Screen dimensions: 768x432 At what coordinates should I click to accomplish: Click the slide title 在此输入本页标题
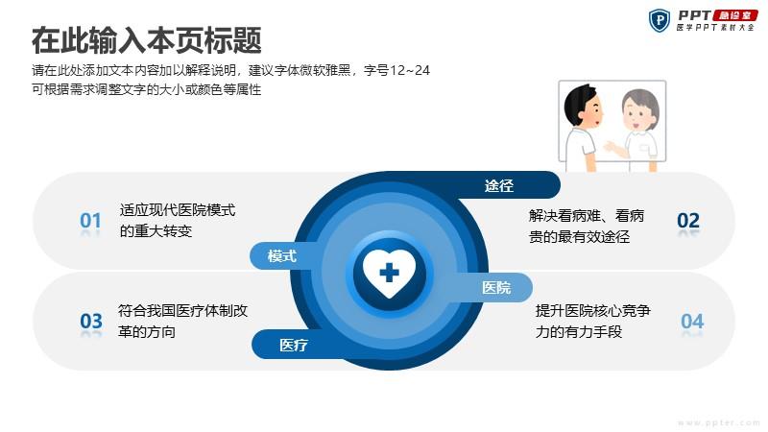pos(147,40)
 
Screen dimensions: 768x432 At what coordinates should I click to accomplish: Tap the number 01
pos(90,221)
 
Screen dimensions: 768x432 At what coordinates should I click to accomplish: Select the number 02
pos(688,221)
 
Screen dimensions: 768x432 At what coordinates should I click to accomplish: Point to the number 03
pos(91,322)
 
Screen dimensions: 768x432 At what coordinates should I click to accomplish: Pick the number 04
pos(692,322)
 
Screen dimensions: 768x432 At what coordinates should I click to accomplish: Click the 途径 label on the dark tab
pos(499,185)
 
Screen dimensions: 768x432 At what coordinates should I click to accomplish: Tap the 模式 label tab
pos(282,255)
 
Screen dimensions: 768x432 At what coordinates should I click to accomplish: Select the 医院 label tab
pos(496,287)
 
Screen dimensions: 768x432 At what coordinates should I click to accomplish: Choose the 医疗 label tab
pos(294,345)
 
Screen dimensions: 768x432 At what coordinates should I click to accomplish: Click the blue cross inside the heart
pos(390,273)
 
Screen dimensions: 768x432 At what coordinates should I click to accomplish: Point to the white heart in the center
pos(390,274)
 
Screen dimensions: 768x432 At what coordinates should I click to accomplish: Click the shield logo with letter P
pos(660,20)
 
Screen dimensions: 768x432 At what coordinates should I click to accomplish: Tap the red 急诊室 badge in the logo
pos(735,15)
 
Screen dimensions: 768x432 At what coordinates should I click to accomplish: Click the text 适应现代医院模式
pos(178,210)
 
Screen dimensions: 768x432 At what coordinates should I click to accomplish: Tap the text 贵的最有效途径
pos(580,237)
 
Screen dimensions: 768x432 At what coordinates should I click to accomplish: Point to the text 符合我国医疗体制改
pos(182,310)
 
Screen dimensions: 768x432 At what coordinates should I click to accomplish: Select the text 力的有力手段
pos(579,332)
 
